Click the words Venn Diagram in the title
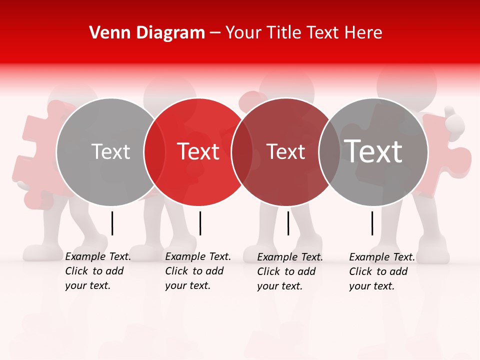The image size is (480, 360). point(147,33)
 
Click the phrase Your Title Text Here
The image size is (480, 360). point(303,33)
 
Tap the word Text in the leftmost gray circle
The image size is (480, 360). point(110,151)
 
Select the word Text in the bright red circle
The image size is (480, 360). point(198,151)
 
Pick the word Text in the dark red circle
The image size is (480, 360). point(285,151)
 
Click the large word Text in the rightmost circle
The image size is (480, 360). point(373,151)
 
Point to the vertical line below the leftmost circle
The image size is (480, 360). point(112,223)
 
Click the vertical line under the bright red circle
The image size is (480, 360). point(200,223)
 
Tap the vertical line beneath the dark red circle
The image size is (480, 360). point(288,223)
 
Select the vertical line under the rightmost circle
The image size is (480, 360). point(372,223)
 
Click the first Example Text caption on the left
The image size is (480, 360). point(97,271)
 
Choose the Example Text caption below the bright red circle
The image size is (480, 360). point(197,271)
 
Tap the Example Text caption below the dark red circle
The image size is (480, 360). point(289,271)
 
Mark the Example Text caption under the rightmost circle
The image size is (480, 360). point(381,271)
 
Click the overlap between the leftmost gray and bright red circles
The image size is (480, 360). point(154,152)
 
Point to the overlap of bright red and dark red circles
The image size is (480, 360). point(242,152)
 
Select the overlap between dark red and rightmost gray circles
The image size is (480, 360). point(329,152)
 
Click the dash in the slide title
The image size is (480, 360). point(215,33)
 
